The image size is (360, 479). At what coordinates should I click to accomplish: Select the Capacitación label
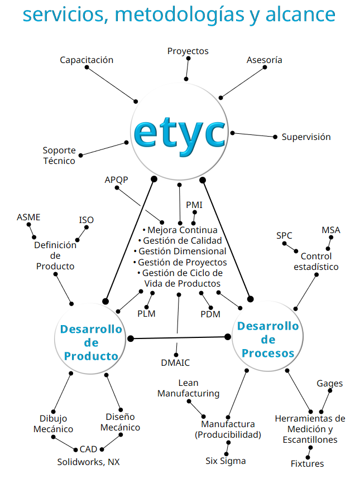tap(87, 60)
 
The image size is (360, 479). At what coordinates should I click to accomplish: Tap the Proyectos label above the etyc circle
tap(188, 51)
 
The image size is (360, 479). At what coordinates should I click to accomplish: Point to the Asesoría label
tap(264, 60)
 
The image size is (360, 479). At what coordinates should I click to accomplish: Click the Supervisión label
tap(306, 137)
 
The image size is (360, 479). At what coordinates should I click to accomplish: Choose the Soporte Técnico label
tap(59, 156)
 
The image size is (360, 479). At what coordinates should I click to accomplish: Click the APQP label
tap(116, 180)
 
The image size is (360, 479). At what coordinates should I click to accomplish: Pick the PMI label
tap(194, 205)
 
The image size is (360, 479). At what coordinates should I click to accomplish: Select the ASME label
tap(28, 217)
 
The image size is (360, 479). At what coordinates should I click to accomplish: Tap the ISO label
tap(87, 220)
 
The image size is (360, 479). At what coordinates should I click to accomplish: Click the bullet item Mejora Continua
tap(180, 230)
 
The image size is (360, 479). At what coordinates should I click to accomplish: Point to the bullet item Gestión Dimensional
tap(180, 251)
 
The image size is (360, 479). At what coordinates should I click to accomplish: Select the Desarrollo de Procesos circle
tap(268, 339)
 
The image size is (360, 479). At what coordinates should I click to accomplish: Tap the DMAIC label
tap(175, 362)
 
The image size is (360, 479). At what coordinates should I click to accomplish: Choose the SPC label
tap(284, 235)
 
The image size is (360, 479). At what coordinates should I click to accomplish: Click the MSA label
tap(330, 230)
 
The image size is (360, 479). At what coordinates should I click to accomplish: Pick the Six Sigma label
tap(225, 461)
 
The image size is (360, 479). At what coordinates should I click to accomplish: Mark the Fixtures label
tap(307, 463)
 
